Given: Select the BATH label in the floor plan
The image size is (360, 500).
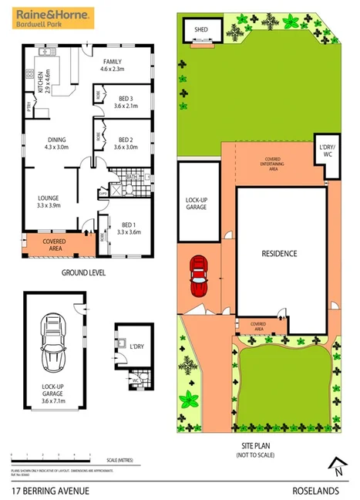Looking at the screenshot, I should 131,177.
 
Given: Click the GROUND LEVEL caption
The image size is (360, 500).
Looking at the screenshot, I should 83,272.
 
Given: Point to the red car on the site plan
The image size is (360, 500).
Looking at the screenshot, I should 199,275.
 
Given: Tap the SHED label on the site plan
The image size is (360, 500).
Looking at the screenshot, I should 201,30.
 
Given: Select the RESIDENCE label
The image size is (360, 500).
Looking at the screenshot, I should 279,253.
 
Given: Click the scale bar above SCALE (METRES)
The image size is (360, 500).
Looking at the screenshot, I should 51,457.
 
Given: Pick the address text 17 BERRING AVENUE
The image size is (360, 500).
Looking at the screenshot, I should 51,490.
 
